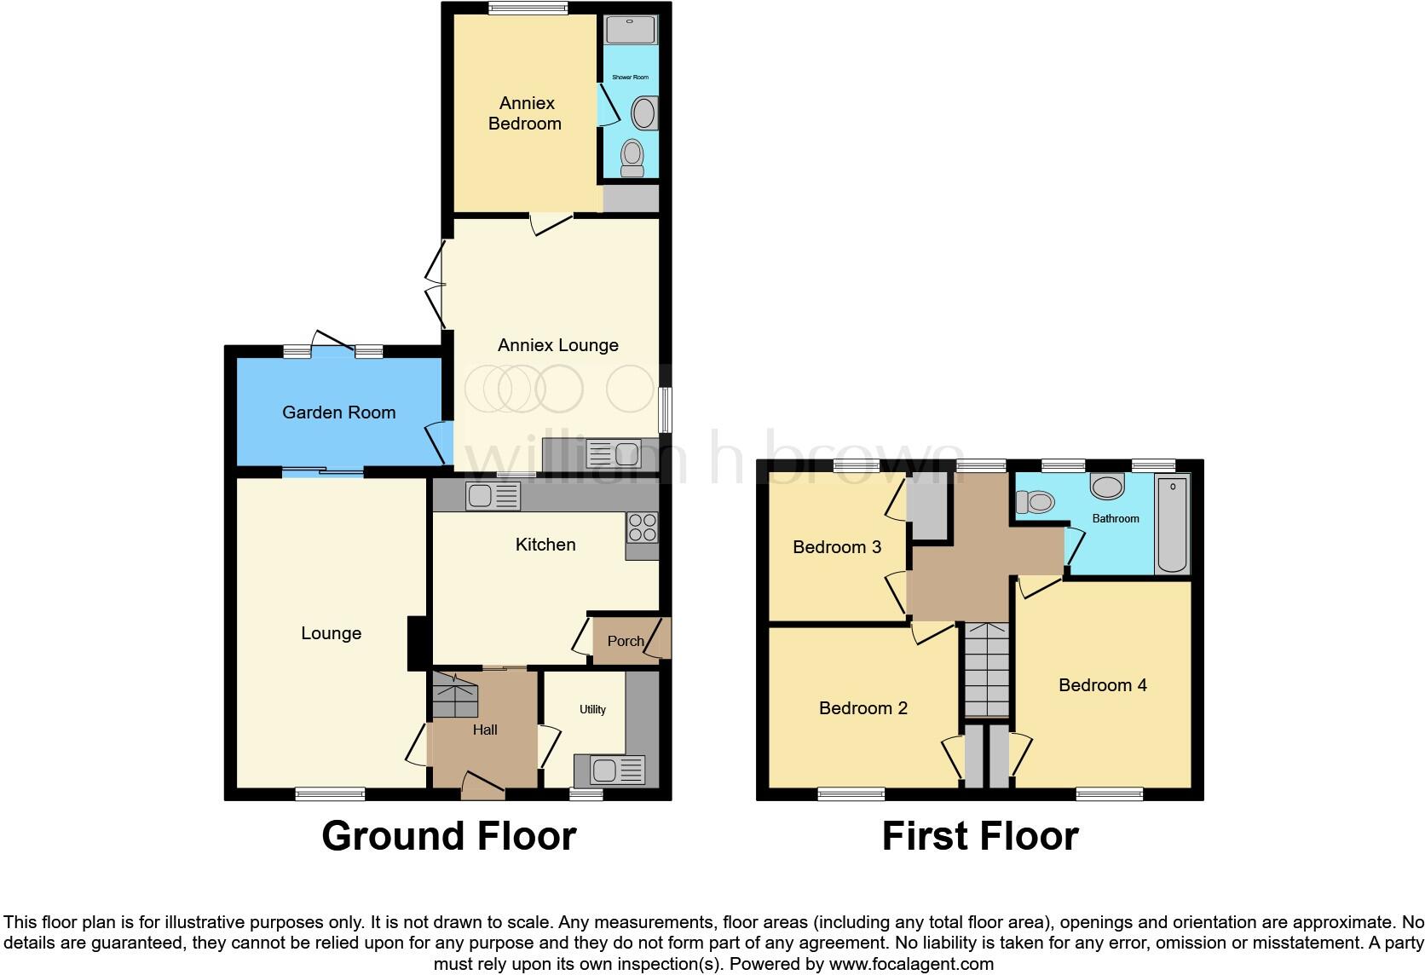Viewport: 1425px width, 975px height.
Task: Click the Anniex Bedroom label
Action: tap(525, 113)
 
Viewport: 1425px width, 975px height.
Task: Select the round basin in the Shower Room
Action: tap(643, 112)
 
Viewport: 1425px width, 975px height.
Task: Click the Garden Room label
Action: tap(338, 412)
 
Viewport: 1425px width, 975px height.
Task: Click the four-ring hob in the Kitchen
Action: tap(642, 528)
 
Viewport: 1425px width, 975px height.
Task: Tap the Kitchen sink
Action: tap(493, 496)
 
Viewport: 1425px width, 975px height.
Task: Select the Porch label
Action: tap(625, 641)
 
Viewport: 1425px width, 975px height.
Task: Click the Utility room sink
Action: tap(609, 770)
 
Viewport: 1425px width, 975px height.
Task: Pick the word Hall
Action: tap(485, 730)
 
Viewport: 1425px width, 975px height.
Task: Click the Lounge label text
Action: tap(331, 633)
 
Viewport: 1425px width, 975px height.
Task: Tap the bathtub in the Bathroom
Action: tap(1172, 524)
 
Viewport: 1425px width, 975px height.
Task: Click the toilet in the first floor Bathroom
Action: tap(1036, 502)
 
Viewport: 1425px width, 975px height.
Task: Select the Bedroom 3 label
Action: tap(836, 547)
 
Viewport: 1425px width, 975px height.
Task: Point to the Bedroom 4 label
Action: tap(1102, 685)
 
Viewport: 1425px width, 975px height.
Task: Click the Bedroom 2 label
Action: tap(862, 708)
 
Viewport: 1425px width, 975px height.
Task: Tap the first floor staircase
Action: tap(986, 669)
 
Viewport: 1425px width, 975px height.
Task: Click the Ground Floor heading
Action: tap(449, 836)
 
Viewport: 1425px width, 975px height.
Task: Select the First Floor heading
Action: tap(980, 836)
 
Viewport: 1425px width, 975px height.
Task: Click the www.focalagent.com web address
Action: tap(911, 965)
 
